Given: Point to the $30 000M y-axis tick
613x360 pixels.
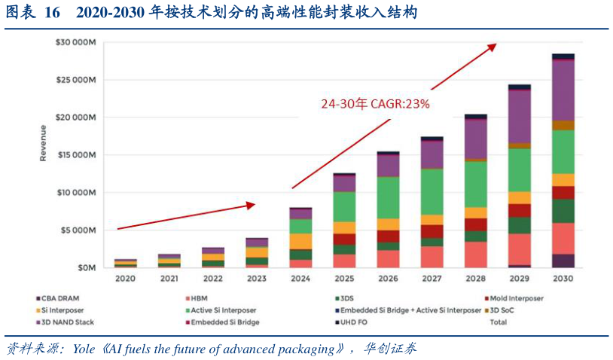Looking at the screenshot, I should coord(75,42).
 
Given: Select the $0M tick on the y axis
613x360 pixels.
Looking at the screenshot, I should coord(86,267).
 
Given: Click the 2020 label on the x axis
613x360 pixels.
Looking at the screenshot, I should coord(125,279).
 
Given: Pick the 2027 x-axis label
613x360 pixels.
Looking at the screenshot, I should coord(432,279).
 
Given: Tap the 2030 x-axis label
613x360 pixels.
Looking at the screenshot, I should coord(563,279).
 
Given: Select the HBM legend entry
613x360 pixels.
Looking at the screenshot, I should coord(199,298).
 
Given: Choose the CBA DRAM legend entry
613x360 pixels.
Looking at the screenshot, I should coord(59,298).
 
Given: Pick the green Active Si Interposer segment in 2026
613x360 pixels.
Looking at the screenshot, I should coord(388,197).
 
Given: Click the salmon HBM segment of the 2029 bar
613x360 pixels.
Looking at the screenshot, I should coord(519,249).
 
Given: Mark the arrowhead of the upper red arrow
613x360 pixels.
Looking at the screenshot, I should coord(493,46).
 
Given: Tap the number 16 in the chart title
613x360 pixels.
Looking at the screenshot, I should coord(52,14).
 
